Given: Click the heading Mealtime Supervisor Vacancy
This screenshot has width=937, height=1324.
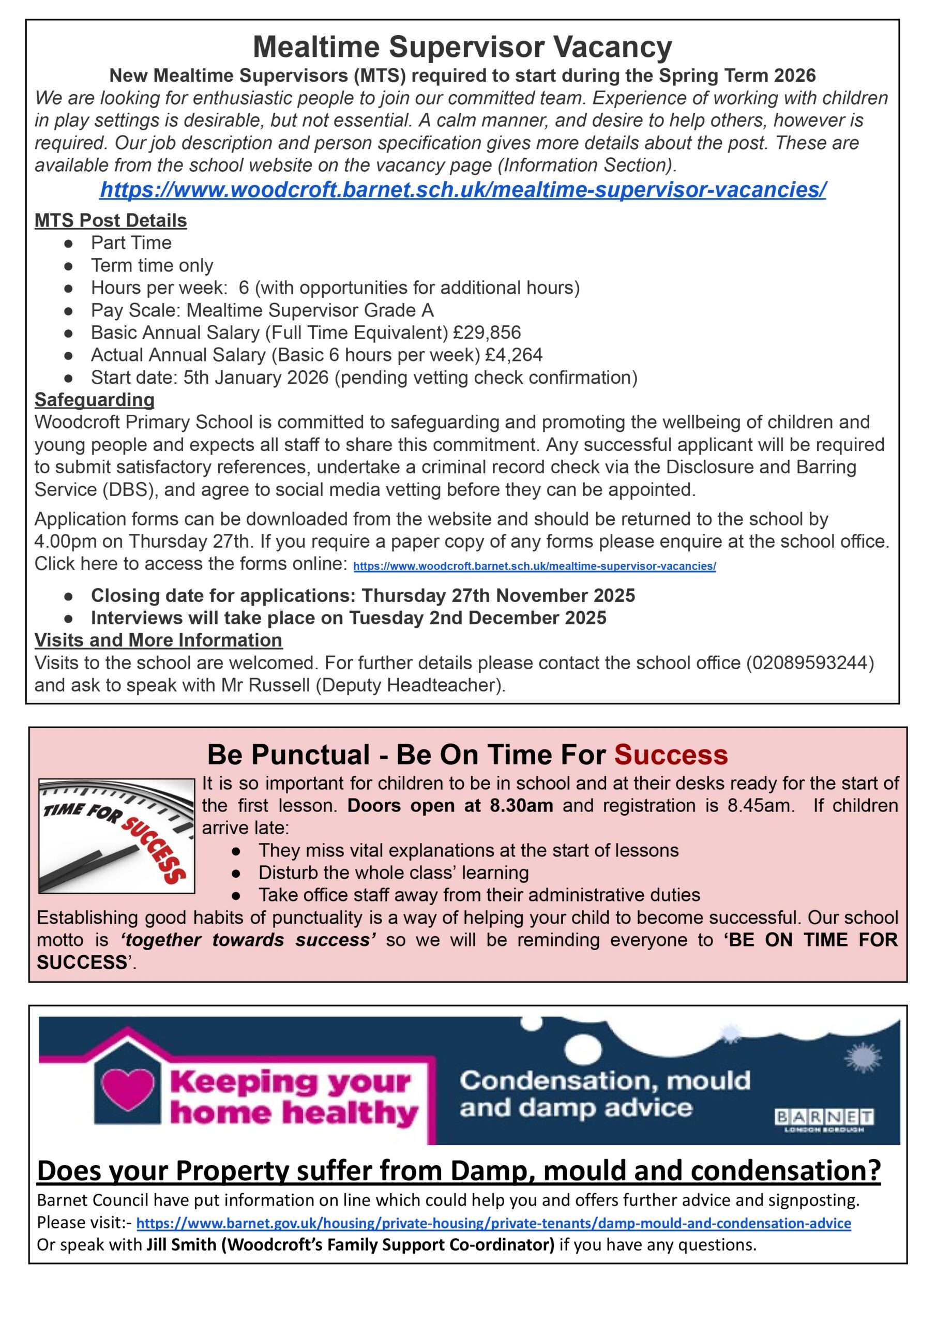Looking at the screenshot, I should pyautogui.click(x=462, y=47).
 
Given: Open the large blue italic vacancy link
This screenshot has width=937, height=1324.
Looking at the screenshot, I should pyautogui.click(x=462, y=189).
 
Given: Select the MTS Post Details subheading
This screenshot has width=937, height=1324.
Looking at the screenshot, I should pyautogui.click(x=111, y=220).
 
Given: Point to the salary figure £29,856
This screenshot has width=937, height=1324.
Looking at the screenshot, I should pyautogui.click(x=487, y=333).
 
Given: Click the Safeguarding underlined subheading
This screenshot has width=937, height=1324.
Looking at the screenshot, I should pyautogui.click(x=95, y=399).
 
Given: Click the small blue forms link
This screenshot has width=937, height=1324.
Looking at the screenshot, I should pyautogui.click(x=534, y=566).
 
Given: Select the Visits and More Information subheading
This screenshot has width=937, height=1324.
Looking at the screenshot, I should pyautogui.click(x=158, y=640).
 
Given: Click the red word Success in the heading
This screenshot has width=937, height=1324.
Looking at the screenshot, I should pyautogui.click(x=671, y=755).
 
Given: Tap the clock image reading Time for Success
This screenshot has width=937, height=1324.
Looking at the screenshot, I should pyautogui.click(x=116, y=836).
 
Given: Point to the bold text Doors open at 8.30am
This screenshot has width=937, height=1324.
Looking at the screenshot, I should pyautogui.click(x=450, y=805).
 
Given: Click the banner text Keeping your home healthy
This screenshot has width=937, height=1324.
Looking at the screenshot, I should pyautogui.click(x=293, y=1097).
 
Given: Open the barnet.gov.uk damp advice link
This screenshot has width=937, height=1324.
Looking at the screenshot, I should pyautogui.click(x=493, y=1223).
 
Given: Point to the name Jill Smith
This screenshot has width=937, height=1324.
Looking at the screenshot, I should pyautogui.click(x=182, y=1245).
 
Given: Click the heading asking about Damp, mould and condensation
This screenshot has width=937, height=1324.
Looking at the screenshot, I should pyautogui.click(x=459, y=1170).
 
